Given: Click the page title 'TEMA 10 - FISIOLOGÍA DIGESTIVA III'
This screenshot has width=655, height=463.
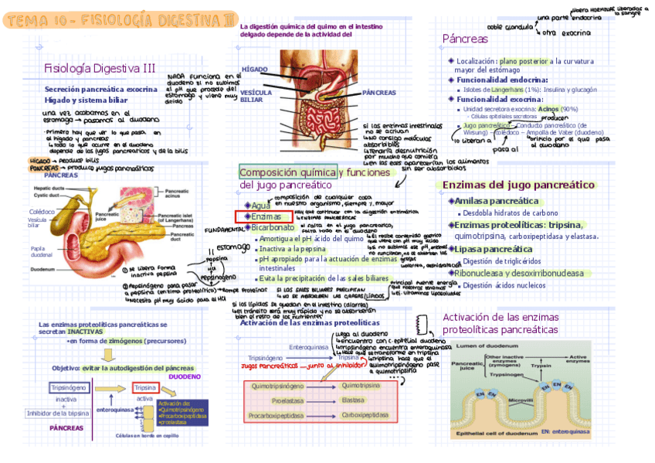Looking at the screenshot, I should point(117,20).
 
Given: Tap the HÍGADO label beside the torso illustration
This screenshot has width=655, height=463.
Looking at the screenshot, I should point(254,70).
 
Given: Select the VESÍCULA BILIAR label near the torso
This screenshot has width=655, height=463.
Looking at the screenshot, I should point(256,95).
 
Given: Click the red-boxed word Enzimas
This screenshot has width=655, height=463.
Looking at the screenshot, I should point(266,217).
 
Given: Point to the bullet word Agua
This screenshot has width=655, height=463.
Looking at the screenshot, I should point(261,206).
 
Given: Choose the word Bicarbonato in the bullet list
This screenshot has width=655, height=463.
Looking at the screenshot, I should point(273,228).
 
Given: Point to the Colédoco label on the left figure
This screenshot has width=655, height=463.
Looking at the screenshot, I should point(42,211).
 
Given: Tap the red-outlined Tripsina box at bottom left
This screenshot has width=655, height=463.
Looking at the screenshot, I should point(145,387).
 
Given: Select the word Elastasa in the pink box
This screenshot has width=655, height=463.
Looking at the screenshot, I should point(353,400).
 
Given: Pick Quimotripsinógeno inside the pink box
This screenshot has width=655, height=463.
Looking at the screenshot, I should point(276,385).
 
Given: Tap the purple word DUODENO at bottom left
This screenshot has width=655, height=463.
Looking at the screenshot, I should point(185,376).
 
